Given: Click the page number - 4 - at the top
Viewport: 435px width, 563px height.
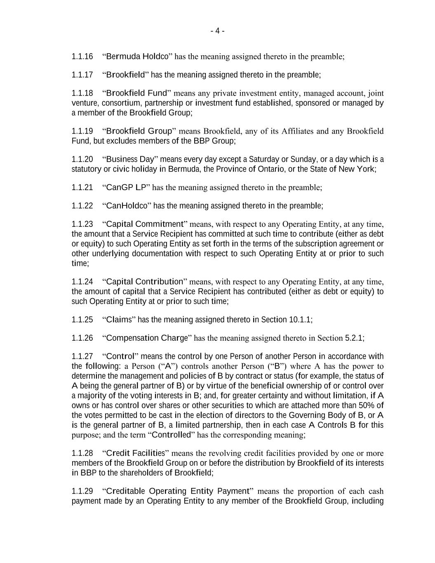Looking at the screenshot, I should click(217, 31).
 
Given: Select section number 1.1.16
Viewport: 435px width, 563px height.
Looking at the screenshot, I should click(82, 57).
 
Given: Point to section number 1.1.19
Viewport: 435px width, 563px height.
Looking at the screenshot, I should click(82, 131).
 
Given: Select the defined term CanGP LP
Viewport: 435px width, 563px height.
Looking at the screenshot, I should click(126, 188).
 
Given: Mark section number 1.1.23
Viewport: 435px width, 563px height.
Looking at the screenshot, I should click(82, 224).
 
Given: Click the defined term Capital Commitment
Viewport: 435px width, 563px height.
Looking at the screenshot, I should click(144, 224).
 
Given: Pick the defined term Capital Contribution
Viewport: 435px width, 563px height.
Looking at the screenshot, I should click(144, 282).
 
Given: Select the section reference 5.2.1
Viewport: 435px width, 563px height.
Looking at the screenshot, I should click(353, 338).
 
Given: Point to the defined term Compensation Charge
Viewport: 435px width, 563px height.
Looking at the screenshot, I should click(147, 338).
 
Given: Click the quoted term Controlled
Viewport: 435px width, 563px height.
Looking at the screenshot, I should click(172, 435).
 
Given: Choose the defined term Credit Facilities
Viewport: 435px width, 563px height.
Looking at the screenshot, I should click(135, 453).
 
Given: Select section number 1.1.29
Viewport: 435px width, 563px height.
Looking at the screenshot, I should click(82, 491).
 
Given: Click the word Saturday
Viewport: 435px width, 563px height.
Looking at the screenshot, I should click(263, 159).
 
